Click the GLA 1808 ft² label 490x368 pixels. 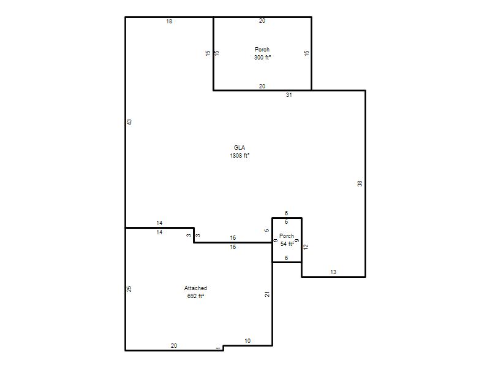coord(239,151)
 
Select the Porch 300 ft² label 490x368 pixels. coord(262,53)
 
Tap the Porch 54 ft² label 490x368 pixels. coord(287,240)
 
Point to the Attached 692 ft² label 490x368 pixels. coord(195,292)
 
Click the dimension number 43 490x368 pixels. coord(129,122)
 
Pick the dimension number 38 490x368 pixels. coord(360,183)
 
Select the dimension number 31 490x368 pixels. coord(289,95)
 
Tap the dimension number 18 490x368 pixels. coord(169,21)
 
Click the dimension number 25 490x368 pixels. coord(129,289)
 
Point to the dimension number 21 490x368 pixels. coord(267,294)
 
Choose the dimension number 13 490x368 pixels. coord(333,272)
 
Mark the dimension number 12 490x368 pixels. coord(306,247)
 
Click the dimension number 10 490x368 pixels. coord(247,341)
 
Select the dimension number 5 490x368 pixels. coord(267,231)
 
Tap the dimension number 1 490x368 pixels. coord(218,348)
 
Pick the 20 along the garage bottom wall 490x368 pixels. coord(174,345)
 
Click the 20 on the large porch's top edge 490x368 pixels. coord(262,21)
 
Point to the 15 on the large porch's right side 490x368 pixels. coord(307,53)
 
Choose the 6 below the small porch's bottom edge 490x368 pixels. coord(286,258)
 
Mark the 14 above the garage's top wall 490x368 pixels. coord(159,223)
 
